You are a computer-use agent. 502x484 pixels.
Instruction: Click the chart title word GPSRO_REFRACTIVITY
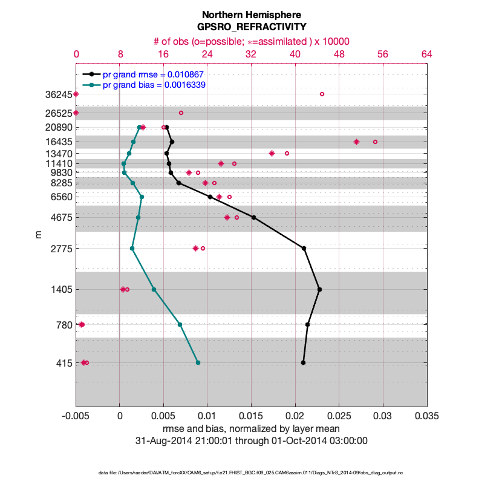tap(251, 27)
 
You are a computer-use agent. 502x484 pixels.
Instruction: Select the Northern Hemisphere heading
tap(251, 15)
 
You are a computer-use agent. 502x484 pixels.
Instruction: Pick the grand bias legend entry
tap(154, 85)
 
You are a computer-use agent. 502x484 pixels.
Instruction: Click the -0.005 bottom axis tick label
tap(76, 417)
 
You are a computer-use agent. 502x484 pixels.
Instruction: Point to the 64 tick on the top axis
tap(427, 54)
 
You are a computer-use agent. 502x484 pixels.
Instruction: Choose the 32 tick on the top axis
tap(251, 54)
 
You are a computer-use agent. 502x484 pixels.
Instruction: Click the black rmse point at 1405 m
tap(319, 290)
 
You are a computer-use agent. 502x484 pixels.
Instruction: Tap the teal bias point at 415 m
tap(198, 363)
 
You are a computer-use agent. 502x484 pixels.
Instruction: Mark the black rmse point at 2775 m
tap(304, 248)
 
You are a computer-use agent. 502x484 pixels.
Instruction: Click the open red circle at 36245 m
tap(322, 94)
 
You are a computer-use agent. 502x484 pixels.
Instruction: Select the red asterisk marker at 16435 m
tap(356, 142)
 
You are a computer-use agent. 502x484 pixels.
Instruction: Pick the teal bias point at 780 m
tap(180, 325)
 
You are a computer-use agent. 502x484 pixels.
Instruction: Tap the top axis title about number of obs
tap(251, 41)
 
